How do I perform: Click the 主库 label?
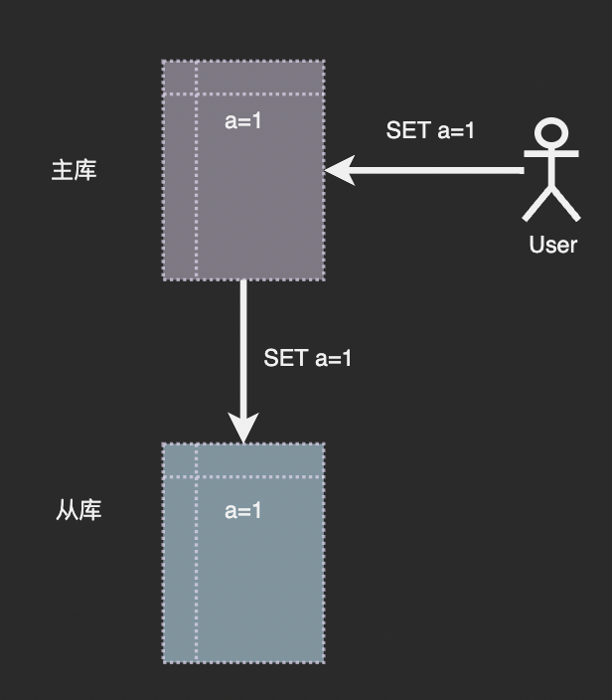click(x=74, y=171)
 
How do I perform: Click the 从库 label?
click(x=77, y=511)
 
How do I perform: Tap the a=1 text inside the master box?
click(x=243, y=121)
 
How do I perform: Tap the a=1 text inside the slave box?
click(x=243, y=511)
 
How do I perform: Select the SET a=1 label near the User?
click(x=430, y=130)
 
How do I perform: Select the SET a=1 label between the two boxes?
click(x=308, y=358)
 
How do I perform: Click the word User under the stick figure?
click(x=552, y=245)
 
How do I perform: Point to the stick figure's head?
click(x=551, y=132)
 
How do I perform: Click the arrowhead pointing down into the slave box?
click(x=243, y=429)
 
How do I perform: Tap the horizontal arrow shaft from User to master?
click(x=437, y=171)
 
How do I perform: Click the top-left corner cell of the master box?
click(x=179, y=77)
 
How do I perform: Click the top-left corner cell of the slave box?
click(x=179, y=459)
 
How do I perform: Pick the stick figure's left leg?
click(x=537, y=205)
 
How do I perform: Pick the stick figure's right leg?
click(x=565, y=205)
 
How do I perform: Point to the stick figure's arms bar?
click(x=551, y=155)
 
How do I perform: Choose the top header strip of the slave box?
click(x=260, y=459)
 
